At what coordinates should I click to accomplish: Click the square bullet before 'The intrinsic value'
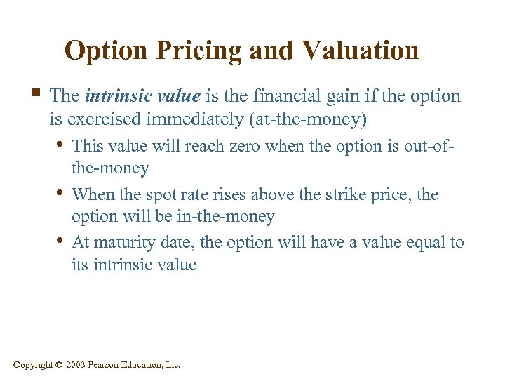click(36, 94)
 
